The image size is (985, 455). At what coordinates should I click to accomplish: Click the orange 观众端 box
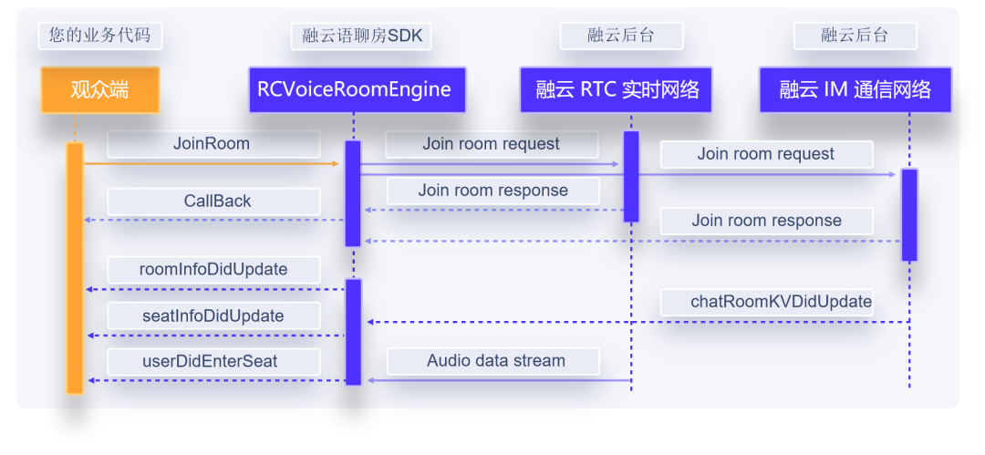coord(100,89)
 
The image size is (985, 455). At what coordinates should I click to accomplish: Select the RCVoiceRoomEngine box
coord(356,89)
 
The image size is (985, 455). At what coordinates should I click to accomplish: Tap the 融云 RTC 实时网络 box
coord(617,89)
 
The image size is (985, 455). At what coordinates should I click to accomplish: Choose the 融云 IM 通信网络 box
coord(855,89)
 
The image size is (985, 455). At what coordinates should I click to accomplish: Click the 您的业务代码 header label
coord(100,36)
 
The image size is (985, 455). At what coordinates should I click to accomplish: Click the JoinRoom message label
coord(213,144)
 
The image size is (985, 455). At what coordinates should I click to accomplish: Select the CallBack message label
coord(217,202)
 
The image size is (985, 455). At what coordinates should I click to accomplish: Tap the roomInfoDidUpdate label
coord(213,269)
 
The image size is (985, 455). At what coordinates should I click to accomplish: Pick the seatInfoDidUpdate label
coord(213,316)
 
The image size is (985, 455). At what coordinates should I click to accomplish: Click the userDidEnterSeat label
coord(211,361)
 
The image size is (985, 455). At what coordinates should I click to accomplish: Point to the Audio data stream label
coord(495,361)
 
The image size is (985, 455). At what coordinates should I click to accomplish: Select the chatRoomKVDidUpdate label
coord(781,302)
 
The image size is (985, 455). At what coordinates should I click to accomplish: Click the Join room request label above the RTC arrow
coord(491,144)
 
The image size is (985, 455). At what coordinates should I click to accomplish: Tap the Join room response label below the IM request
coord(766,221)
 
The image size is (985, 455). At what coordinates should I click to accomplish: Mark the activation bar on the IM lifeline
coord(909,214)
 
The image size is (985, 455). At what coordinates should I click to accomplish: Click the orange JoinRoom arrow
coord(211,164)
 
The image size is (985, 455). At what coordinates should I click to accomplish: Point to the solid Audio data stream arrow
coord(497,380)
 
